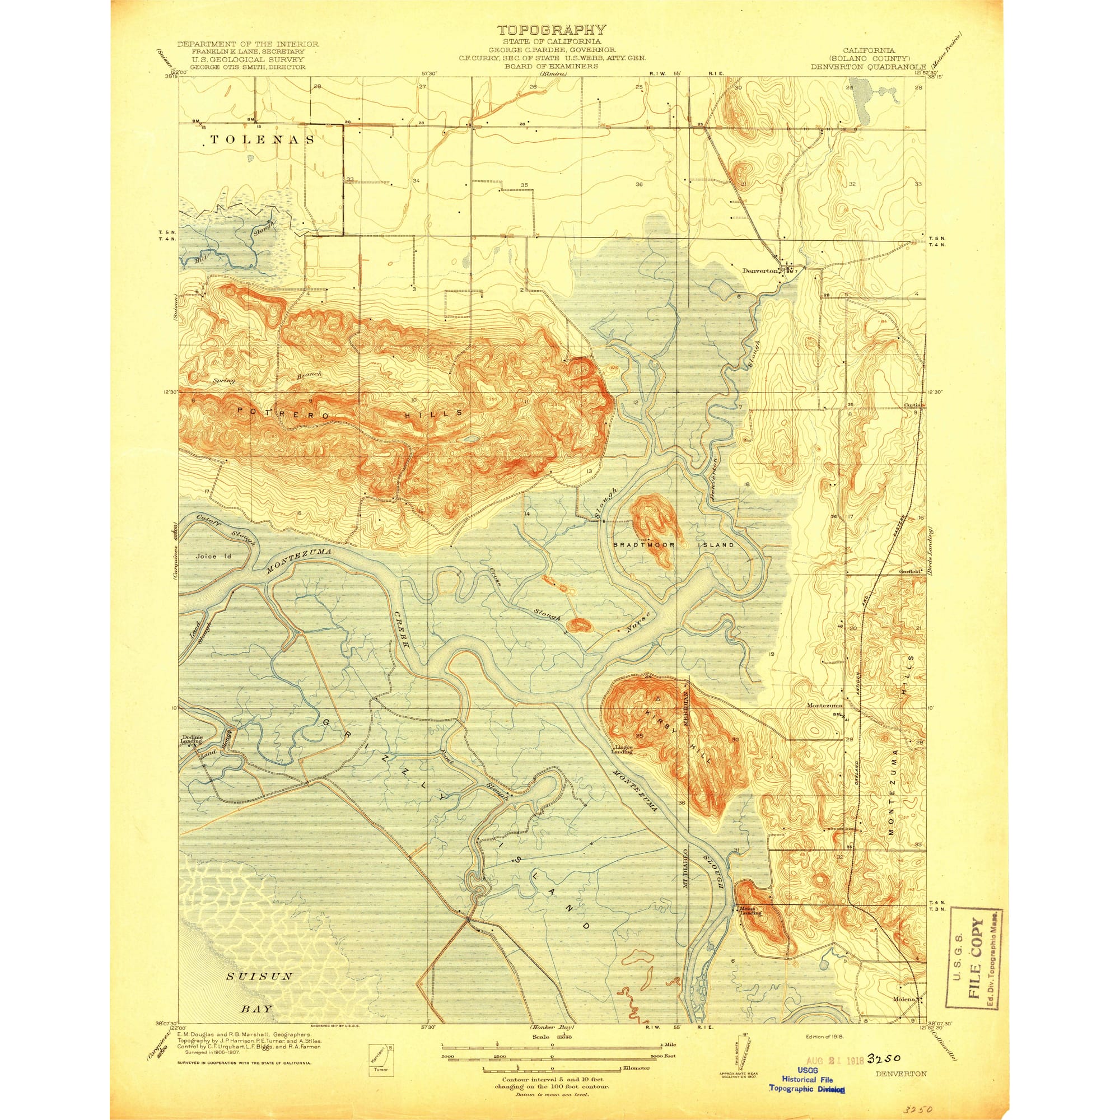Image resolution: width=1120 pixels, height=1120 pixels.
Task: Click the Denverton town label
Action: pyautogui.click(x=759, y=270)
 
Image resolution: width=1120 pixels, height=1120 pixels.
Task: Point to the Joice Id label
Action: pyautogui.click(x=213, y=556)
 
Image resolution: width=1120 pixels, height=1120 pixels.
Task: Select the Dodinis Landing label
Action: pyautogui.click(x=191, y=739)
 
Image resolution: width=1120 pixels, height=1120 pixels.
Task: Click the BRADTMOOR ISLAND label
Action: pyautogui.click(x=674, y=545)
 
